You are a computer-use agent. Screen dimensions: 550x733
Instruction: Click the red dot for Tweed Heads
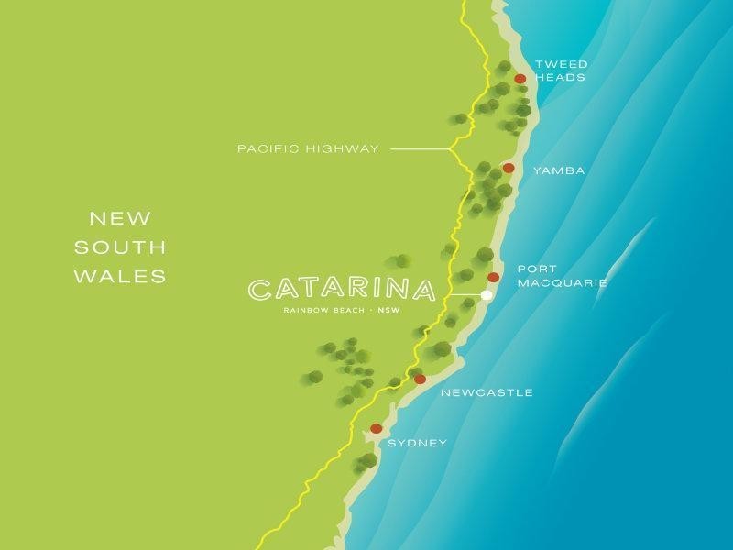520,79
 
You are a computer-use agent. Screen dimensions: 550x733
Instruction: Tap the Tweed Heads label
561,71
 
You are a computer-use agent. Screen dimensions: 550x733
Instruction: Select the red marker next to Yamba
509,169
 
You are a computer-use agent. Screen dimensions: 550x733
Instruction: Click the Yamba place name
558,170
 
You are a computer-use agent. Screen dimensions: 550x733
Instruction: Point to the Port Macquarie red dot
493,277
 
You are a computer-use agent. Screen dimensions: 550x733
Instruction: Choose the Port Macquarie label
562,276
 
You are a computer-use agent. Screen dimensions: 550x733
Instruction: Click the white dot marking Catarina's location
487,295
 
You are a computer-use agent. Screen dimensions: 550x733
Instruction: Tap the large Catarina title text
342,291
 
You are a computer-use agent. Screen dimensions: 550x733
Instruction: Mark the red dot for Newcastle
420,379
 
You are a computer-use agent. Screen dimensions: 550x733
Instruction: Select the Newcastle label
487,393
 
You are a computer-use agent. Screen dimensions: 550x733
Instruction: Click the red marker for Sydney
376,428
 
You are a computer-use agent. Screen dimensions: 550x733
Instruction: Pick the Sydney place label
418,444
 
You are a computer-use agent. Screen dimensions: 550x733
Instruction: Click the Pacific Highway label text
308,148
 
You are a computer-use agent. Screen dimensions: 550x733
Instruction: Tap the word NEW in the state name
120,219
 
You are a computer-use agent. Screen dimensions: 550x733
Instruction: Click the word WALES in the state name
120,276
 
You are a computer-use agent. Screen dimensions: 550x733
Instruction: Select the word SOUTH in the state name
120,247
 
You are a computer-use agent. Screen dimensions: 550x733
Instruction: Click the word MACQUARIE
562,283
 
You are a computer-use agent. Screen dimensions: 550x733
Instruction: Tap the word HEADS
561,79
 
